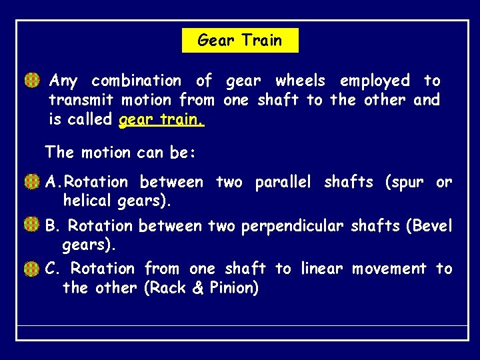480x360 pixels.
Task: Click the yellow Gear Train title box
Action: (240, 41)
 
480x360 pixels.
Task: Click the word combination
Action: (136, 81)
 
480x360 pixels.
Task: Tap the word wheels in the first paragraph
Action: (300, 81)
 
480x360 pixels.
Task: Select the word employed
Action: (375, 81)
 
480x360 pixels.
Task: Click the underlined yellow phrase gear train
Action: (161, 120)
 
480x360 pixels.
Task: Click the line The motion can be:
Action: (120, 153)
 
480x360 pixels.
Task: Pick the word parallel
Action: (283, 182)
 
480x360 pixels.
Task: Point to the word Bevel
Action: (432, 226)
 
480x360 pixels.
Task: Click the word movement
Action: (389, 269)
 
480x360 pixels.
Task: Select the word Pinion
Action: (233, 288)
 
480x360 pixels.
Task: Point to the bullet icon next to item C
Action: (31, 269)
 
